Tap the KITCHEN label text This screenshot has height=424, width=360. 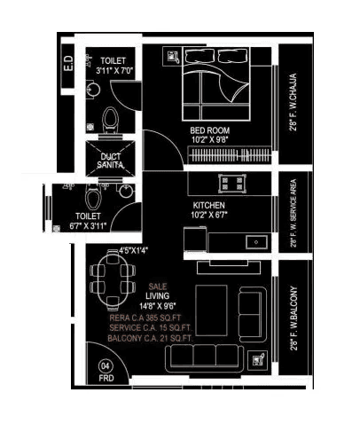click(x=210, y=205)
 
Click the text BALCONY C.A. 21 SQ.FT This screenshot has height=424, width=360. click(x=151, y=338)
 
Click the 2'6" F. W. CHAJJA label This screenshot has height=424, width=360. click(x=292, y=102)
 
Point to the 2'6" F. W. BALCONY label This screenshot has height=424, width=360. click(x=292, y=318)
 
